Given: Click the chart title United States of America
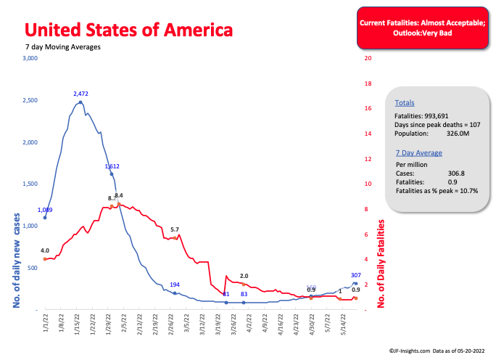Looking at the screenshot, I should [x=128, y=30].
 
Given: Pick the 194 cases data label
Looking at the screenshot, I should [x=175, y=285].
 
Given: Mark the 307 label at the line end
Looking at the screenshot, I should [x=355, y=275].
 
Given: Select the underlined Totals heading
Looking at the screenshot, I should [x=405, y=103].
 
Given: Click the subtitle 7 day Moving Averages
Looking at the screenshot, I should [x=63, y=47].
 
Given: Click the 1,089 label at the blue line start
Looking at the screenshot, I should [x=45, y=210].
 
